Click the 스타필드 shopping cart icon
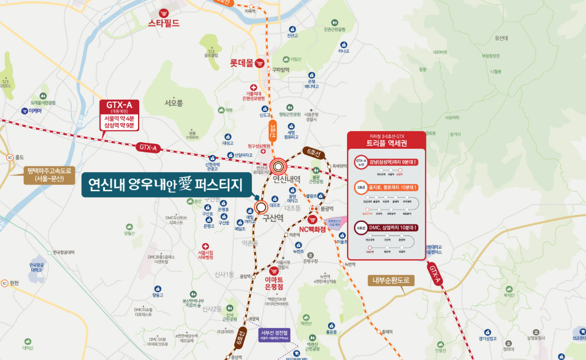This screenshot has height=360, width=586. click(x=163, y=13)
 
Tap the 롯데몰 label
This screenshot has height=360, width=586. click(x=241, y=62)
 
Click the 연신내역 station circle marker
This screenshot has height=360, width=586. click(x=279, y=167)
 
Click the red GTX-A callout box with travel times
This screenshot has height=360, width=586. click(x=120, y=114)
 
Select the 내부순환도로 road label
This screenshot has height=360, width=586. click(x=391, y=280)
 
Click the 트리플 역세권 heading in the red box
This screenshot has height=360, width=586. click(x=387, y=143)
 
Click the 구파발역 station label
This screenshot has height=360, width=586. click(x=281, y=70)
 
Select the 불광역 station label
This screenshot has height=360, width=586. click(x=327, y=208)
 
